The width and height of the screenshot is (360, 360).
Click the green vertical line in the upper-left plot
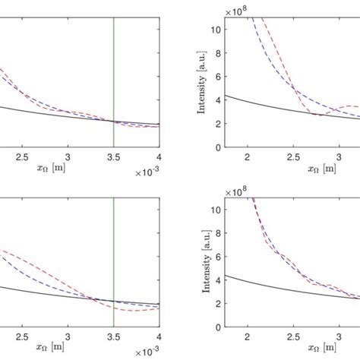(x=113, y=76)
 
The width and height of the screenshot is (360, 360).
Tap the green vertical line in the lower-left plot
(x=113, y=258)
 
